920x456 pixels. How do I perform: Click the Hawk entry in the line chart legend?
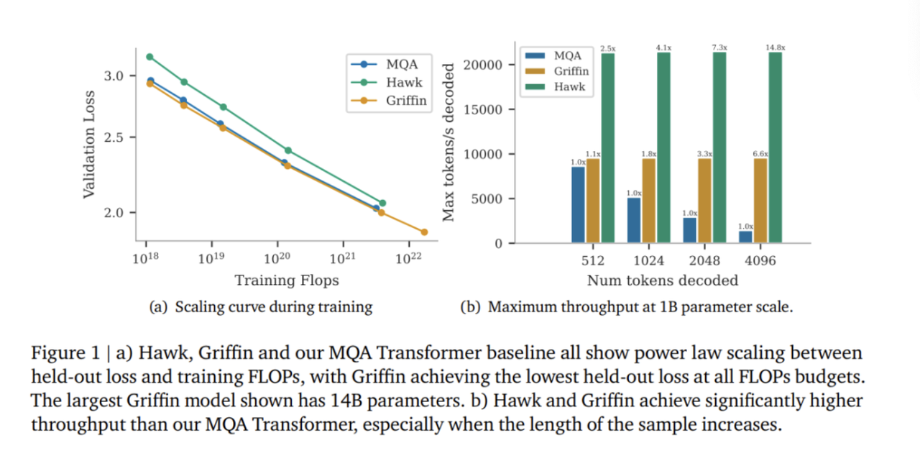403,83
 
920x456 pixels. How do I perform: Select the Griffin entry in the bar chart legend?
571,71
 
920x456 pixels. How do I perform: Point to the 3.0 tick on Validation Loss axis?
115,76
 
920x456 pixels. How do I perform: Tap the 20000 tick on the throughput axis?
487,65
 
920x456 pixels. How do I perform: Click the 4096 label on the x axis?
760,260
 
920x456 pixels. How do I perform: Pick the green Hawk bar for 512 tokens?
608,147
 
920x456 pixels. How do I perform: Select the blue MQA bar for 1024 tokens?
633,220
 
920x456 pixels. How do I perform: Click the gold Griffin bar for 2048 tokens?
705,201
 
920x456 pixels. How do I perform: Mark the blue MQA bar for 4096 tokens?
745,237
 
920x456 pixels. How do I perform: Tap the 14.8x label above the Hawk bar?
776,47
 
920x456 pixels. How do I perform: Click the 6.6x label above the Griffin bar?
760,154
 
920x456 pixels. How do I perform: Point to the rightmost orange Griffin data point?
424,232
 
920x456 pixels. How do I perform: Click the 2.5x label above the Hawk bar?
608,47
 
